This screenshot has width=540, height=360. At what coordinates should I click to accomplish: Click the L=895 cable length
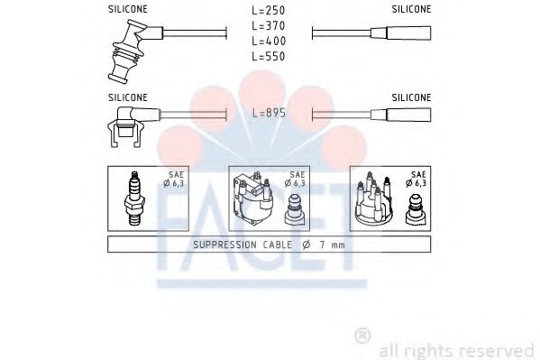269,115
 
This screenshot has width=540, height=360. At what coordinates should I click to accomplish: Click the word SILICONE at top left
128,9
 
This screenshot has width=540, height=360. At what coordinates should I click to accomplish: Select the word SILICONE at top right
411,9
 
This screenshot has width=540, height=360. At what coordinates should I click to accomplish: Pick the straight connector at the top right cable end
408,33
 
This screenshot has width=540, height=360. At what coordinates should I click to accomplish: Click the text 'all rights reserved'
456,350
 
